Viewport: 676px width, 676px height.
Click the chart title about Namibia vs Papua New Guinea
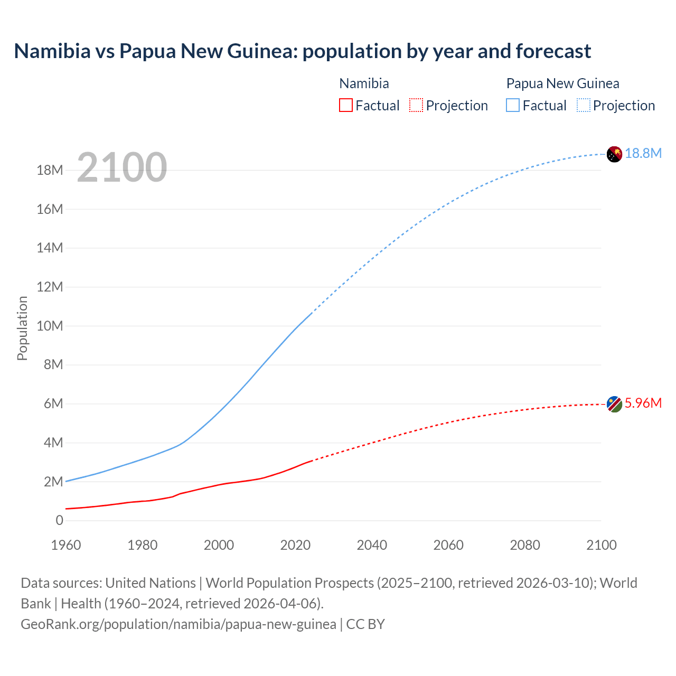coord(302,51)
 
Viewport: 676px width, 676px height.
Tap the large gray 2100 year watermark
coord(122,167)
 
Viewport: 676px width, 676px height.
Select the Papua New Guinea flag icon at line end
coord(614,154)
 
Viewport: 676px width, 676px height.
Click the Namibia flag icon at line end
coord(614,404)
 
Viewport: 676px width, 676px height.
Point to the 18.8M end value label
coord(643,153)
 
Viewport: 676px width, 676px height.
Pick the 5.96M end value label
coord(643,403)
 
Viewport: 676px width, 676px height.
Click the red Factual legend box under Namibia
coord(346,105)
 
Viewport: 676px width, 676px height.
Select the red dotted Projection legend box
coord(416,105)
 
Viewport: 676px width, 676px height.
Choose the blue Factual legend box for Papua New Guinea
coord(513,105)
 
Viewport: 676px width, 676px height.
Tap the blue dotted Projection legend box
coord(584,105)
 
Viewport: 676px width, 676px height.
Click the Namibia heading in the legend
coord(364,83)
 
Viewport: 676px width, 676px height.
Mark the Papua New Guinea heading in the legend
coord(562,83)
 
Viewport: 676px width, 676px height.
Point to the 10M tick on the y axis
coord(50,326)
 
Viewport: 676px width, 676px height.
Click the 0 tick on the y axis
coord(59,520)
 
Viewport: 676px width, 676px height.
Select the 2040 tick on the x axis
coord(372,545)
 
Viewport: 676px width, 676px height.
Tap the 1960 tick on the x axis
coord(66,545)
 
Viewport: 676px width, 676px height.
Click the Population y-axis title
coord(22,328)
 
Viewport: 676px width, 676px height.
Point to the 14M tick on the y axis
coord(50,248)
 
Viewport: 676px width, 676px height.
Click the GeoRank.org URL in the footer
coord(179,624)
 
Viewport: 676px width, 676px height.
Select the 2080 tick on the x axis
coord(525,545)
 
